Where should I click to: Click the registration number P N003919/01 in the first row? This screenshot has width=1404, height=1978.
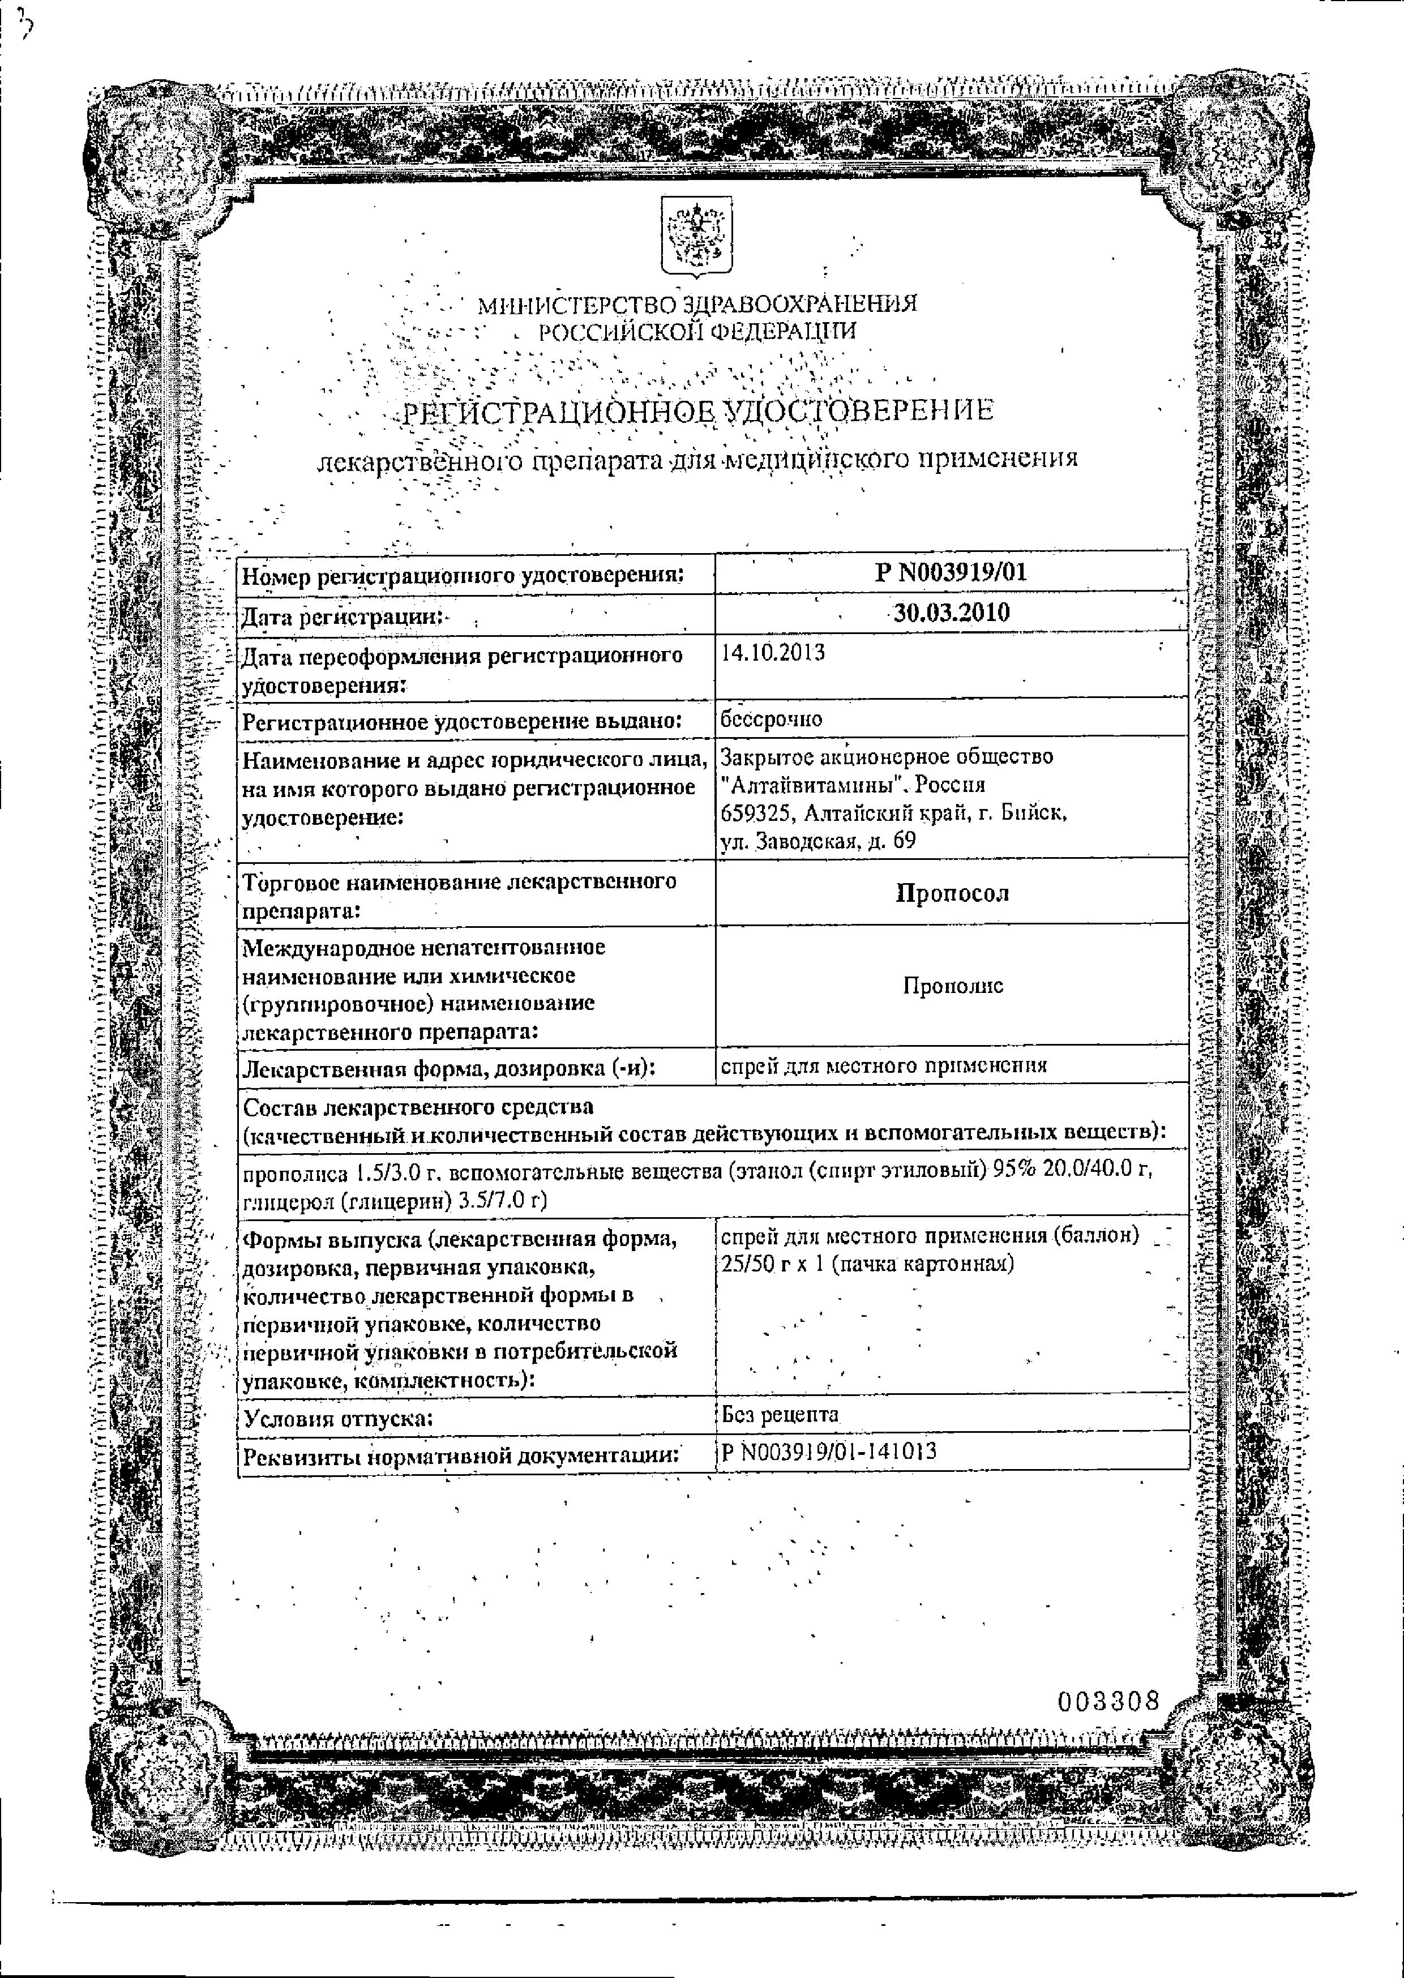click(951, 572)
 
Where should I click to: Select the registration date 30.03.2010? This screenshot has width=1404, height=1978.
click(951, 613)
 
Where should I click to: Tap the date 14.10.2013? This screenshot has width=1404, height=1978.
click(773, 653)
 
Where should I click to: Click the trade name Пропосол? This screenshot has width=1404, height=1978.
click(952, 893)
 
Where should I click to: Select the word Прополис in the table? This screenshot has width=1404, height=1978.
click(953, 986)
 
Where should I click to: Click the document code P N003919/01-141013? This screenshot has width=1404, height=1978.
click(828, 1452)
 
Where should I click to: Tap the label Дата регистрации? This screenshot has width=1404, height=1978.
click(341, 617)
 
